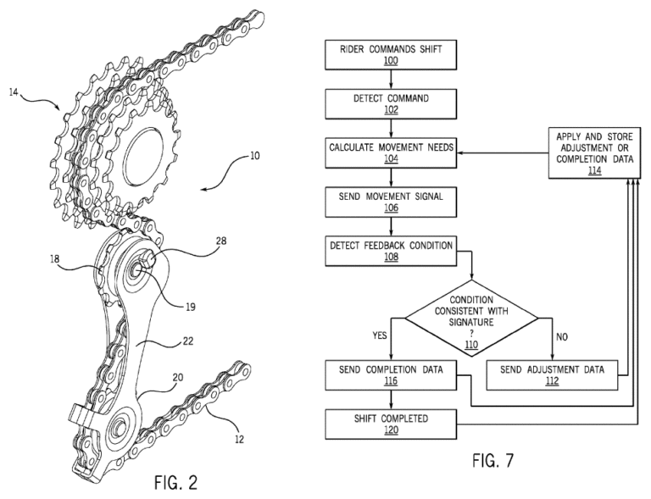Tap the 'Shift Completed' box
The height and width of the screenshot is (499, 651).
click(x=390, y=424)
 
